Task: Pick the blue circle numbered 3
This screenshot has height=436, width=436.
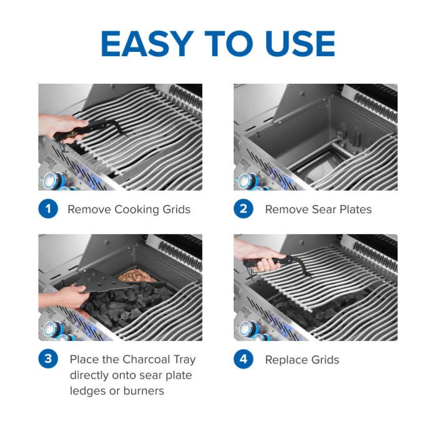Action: click(x=48, y=359)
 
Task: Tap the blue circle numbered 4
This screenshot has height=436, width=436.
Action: click(x=244, y=359)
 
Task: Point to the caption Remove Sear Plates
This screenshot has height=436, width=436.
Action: click(x=318, y=210)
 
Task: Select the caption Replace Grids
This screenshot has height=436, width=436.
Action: click(x=302, y=360)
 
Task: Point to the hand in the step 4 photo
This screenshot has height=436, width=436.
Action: click(x=256, y=253)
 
